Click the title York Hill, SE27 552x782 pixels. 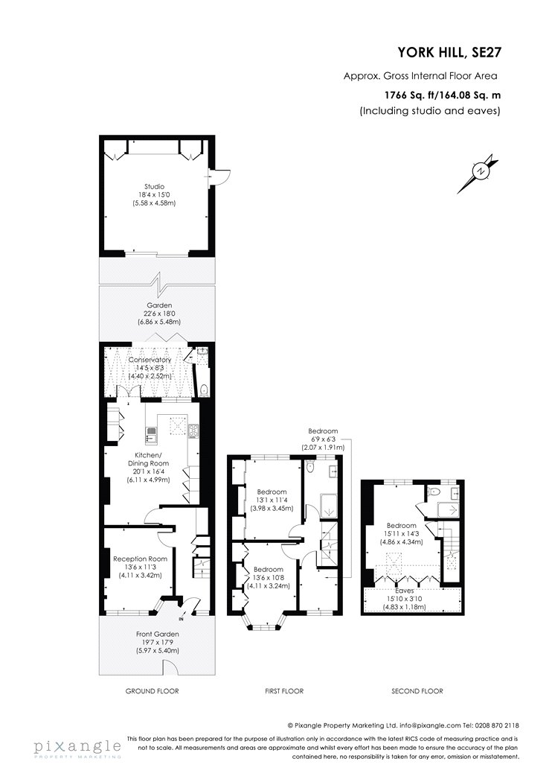click(x=449, y=52)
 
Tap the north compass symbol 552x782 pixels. click(x=479, y=173)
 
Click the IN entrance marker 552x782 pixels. click(x=180, y=620)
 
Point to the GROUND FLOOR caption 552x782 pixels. click(x=152, y=690)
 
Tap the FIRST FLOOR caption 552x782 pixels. click(x=284, y=690)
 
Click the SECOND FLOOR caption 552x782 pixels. click(x=417, y=690)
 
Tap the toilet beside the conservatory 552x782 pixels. click(x=204, y=389)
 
